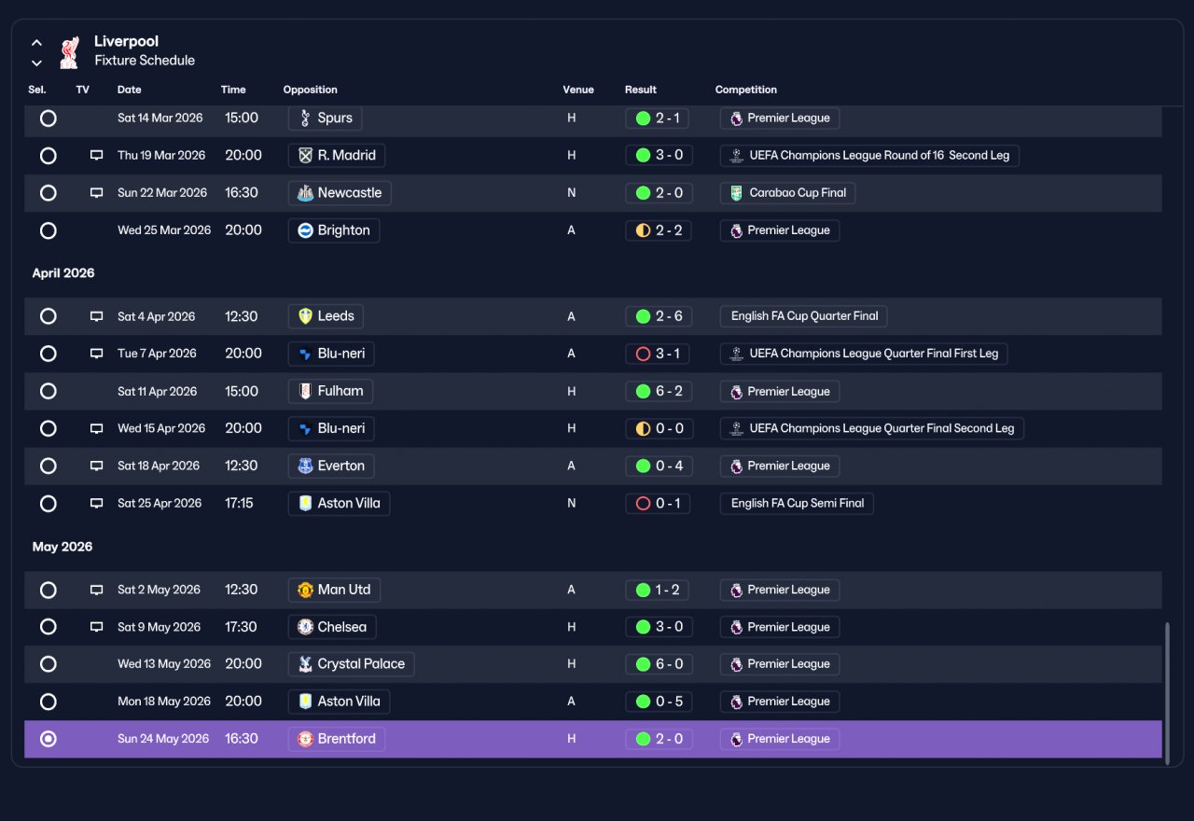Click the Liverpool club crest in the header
coord(69,52)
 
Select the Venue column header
coord(577,90)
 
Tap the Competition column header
coord(745,90)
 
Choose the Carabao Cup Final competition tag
coord(787,193)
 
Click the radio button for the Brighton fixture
coord(48,230)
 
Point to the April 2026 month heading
coord(63,273)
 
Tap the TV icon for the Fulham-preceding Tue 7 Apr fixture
coord(96,354)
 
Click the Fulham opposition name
coord(340,391)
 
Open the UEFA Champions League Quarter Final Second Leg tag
coord(871,428)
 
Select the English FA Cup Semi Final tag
coord(797,503)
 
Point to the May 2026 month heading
coord(62,547)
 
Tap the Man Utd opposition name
coord(344,590)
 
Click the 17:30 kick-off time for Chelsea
coord(241,627)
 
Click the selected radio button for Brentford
coord(48,739)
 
